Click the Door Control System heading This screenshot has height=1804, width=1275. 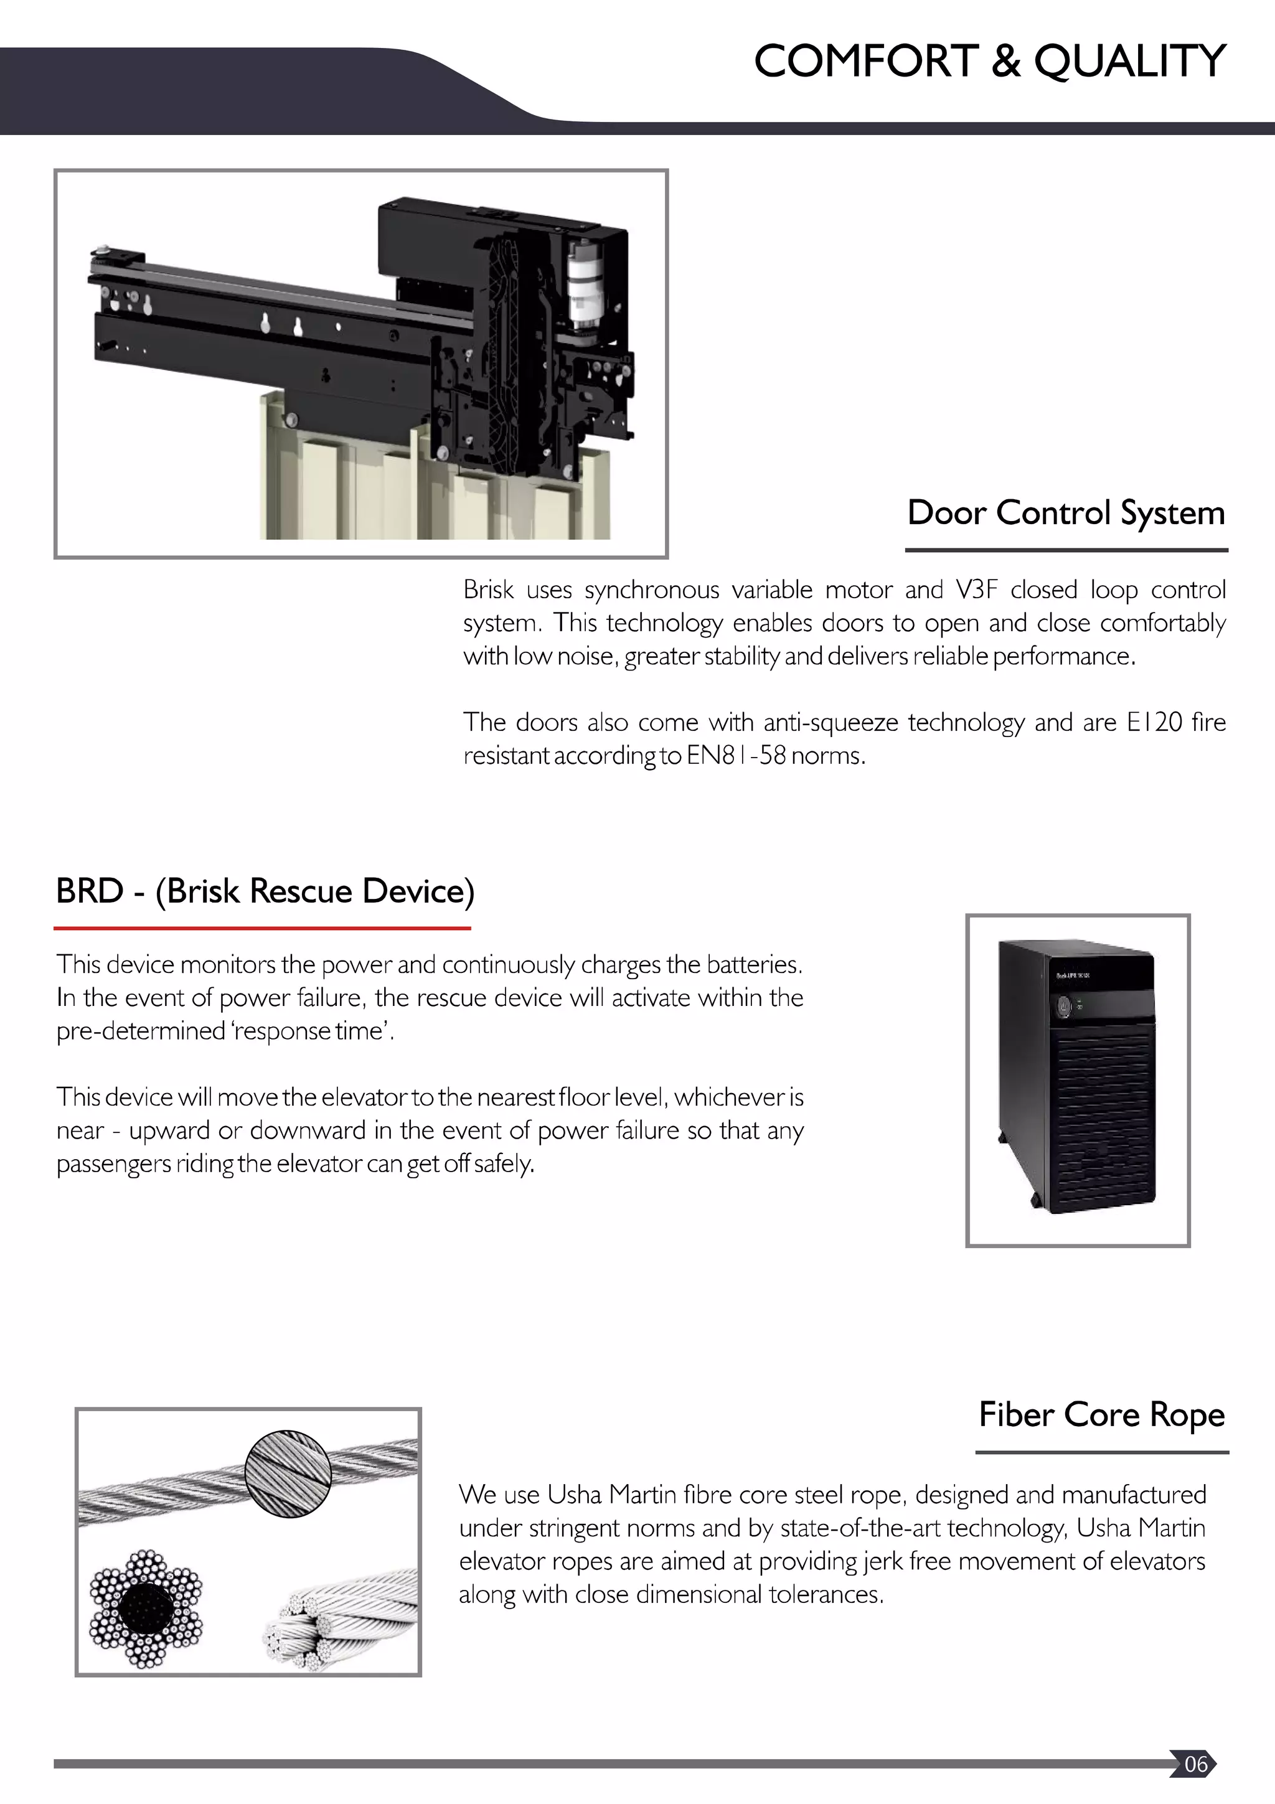(x=1065, y=513)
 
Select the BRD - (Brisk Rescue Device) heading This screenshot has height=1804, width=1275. (x=265, y=891)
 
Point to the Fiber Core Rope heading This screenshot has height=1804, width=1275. (x=1101, y=1414)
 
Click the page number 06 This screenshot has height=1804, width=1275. (x=1195, y=1764)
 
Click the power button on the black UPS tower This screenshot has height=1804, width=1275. (x=1065, y=1006)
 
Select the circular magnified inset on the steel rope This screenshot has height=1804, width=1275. (x=288, y=1473)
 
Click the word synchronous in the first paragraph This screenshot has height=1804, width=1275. (x=651, y=590)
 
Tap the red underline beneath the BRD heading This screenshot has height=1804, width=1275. (x=261, y=928)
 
